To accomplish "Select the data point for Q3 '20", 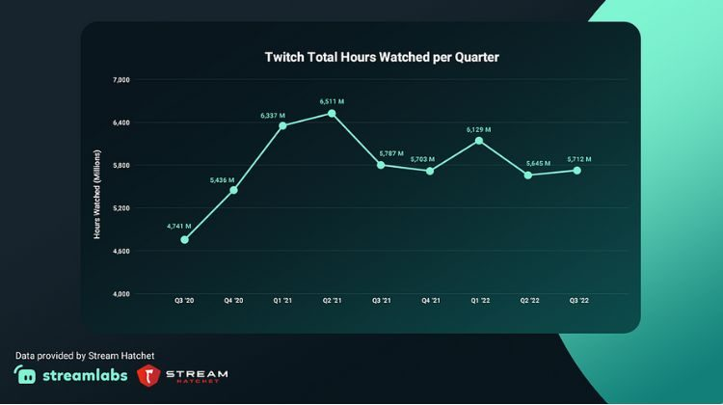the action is point(184,240).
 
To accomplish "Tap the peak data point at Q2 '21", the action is point(332,114).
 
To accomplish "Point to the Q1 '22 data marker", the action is point(479,141).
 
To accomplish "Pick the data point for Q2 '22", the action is point(528,175).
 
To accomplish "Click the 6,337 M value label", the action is point(273,116).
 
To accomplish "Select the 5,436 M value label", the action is point(222,180).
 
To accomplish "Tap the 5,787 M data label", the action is point(391,153).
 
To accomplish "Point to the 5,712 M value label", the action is point(579,159).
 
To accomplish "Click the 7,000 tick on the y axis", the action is point(121,80).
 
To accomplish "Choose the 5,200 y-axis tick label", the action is point(121,208).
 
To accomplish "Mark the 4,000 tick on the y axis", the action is point(121,294).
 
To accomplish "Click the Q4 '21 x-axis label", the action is point(431,300).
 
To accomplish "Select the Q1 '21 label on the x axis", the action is point(282,300).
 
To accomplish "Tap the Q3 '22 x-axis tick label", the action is point(578,300).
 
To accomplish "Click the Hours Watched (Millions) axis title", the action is point(96,194).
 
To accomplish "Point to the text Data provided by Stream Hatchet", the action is point(85,356).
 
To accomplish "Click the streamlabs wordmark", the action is point(85,375).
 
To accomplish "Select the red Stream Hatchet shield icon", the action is point(148,375).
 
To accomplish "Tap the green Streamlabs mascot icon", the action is point(25,374).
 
